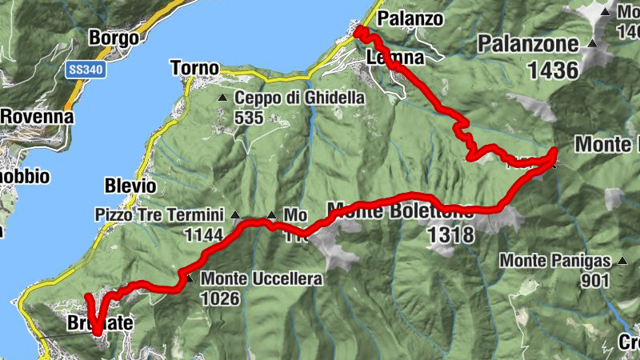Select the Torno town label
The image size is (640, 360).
coord(195,69)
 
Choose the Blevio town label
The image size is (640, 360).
coord(130,186)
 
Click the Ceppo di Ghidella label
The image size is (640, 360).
coord(300,98)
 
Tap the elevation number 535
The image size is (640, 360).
coord(250,118)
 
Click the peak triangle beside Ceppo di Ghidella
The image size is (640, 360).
coord(223,98)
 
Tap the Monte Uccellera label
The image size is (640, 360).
coord(262,279)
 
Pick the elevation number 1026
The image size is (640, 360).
coord(222,298)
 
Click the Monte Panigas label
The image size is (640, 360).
coord(556,261)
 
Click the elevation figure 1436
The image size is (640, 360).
coord(553,70)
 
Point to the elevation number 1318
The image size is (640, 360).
coord(451,234)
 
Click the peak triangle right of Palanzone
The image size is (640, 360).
coord(592,44)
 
